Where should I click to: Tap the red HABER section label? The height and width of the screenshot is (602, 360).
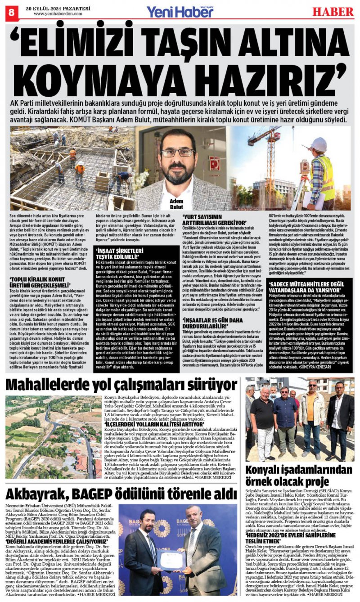tap(333, 11)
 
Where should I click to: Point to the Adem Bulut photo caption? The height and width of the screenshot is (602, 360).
tap(176, 204)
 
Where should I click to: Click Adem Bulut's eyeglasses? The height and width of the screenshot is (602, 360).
tap(178, 153)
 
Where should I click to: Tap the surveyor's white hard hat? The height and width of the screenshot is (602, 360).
tap(319, 144)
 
